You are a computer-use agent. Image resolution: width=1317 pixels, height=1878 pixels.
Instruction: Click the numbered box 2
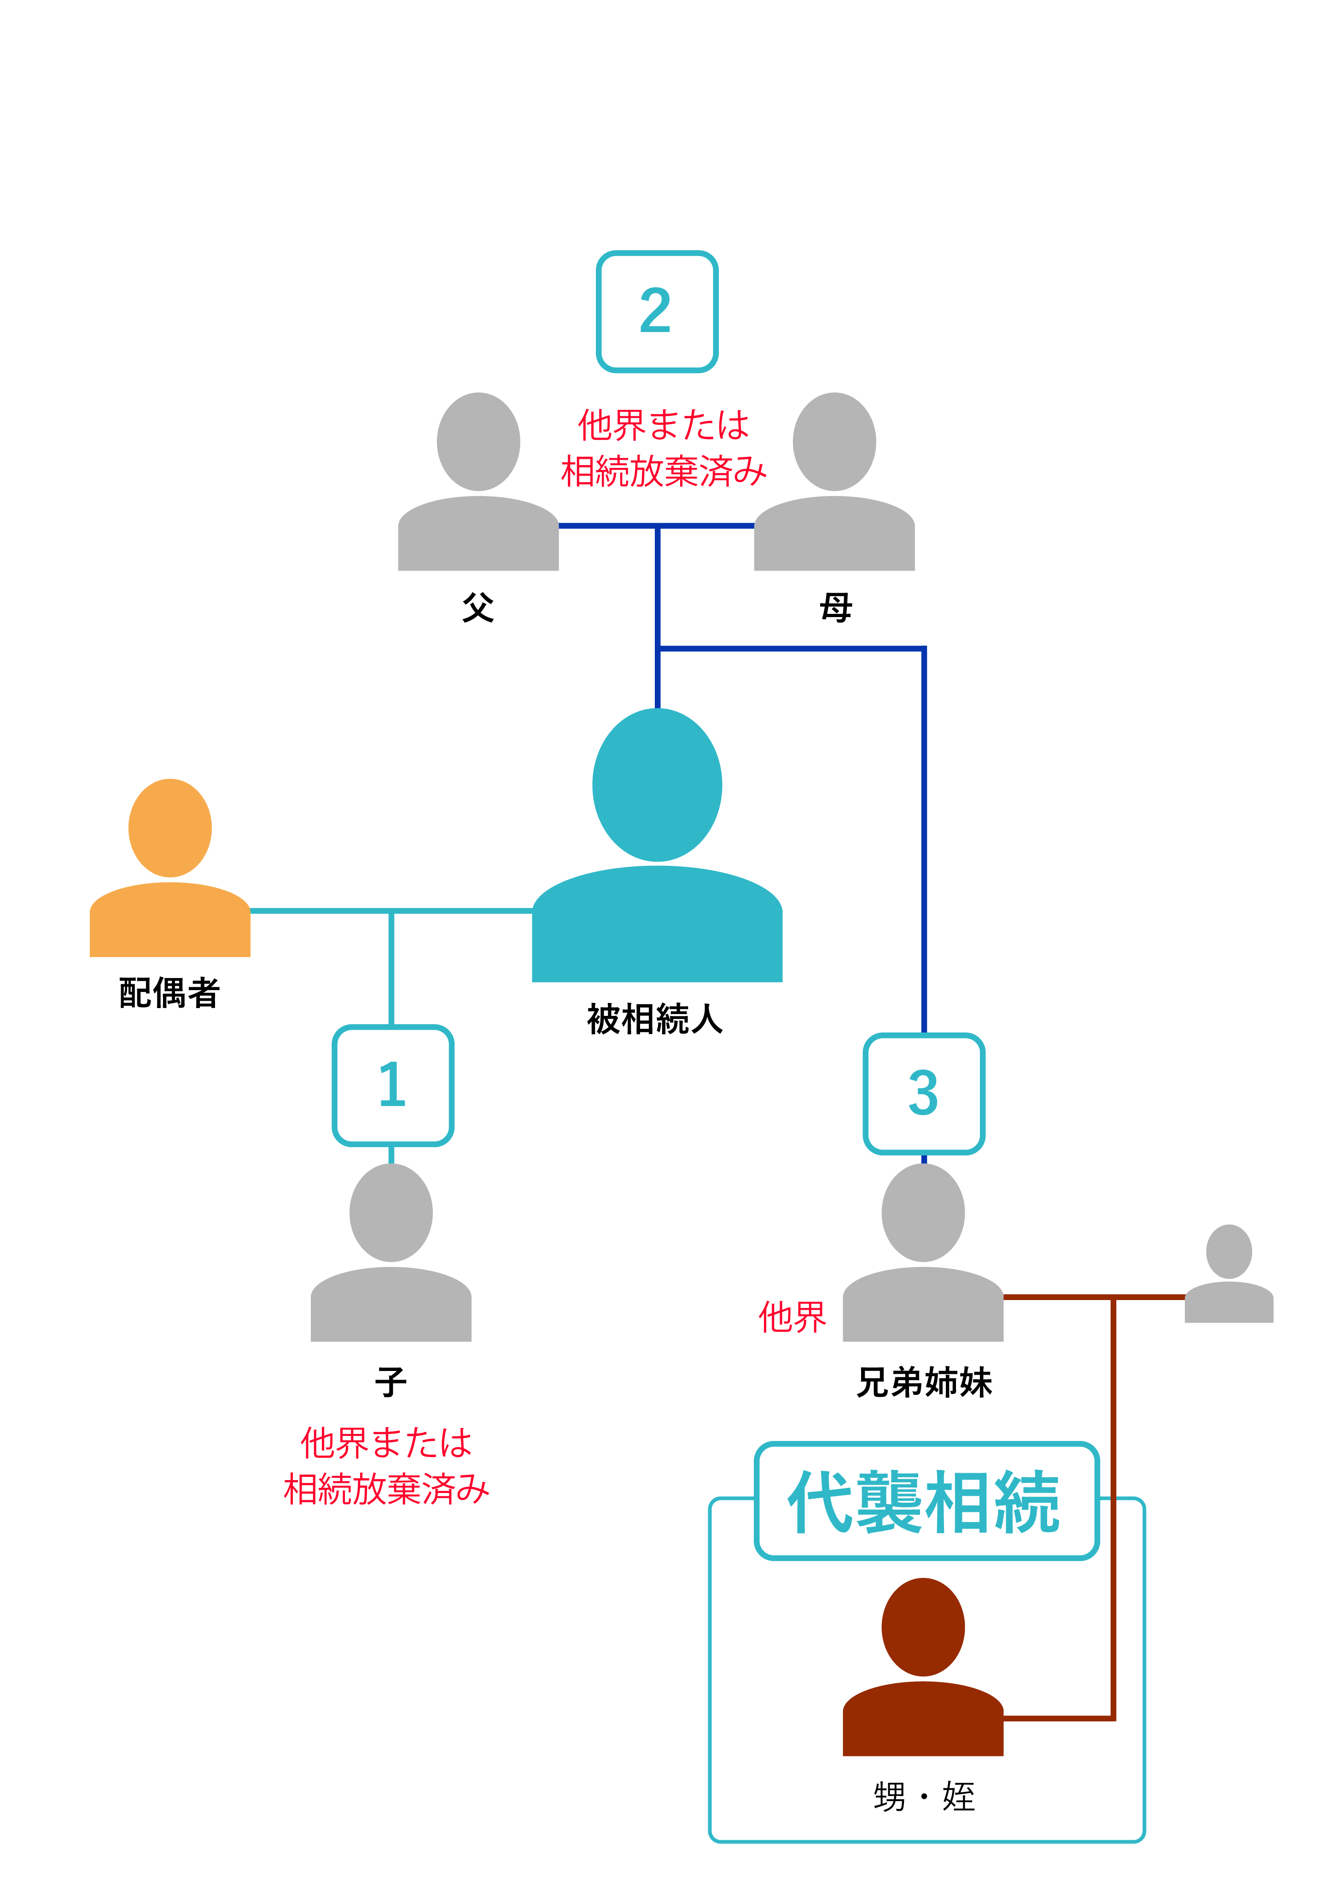click(656, 312)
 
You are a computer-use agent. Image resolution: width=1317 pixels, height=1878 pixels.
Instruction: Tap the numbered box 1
click(393, 1085)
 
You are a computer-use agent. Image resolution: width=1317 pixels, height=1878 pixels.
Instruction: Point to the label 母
click(835, 608)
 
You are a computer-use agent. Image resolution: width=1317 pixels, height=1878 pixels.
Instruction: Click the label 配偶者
click(169, 993)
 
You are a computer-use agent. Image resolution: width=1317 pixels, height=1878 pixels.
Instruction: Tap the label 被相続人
click(655, 1019)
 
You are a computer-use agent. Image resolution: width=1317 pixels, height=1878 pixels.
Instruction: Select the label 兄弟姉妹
click(924, 1382)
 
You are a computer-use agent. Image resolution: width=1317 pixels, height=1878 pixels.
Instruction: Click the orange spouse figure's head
click(170, 828)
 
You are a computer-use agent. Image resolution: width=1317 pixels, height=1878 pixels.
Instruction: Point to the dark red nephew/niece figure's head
click(923, 1628)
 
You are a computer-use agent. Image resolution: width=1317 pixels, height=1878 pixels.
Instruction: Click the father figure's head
click(478, 442)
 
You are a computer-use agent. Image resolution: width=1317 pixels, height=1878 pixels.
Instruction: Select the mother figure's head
click(834, 442)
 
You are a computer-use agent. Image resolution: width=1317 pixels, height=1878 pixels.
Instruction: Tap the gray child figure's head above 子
click(391, 1213)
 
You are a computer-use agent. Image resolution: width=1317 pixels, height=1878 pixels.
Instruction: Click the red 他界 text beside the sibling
click(792, 1318)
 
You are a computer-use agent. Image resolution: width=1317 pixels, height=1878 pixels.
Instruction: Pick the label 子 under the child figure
click(391, 1382)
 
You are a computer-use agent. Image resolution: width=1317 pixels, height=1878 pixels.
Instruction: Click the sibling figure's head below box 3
click(923, 1213)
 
